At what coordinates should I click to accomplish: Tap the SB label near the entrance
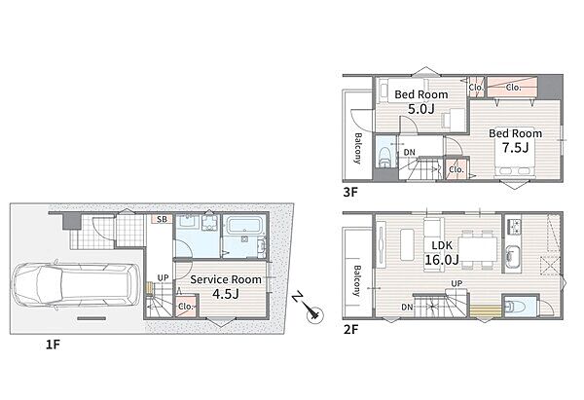pyautogui.click(x=162, y=219)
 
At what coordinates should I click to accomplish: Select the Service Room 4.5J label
pyautogui.click(x=226, y=287)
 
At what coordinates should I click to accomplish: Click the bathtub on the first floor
pyautogui.click(x=243, y=226)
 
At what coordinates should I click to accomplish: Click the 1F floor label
pyautogui.click(x=53, y=345)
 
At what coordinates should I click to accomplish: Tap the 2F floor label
pyautogui.click(x=350, y=329)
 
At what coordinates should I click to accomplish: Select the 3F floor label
pyautogui.click(x=350, y=192)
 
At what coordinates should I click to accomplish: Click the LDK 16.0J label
pyautogui.click(x=442, y=252)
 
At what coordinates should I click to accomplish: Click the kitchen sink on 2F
pyautogui.click(x=513, y=257)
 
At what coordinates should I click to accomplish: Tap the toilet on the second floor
pyautogui.click(x=516, y=307)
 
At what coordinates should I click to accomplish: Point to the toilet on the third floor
pyautogui.click(x=384, y=158)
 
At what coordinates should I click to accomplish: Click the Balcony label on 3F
pyautogui.click(x=357, y=148)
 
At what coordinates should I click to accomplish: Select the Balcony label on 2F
pyautogui.click(x=357, y=280)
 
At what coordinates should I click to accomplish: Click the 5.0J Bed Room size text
pyautogui.click(x=420, y=110)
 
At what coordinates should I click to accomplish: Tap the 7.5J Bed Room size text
pyautogui.click(x=515, y=148)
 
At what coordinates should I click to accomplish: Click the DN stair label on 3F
pyautogui.click(x=409, y=153)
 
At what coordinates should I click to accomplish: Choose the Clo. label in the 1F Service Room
pyautogui.click(x=186, y=307)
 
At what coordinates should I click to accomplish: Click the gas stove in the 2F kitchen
pyautogui.click(x=514, y=225)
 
